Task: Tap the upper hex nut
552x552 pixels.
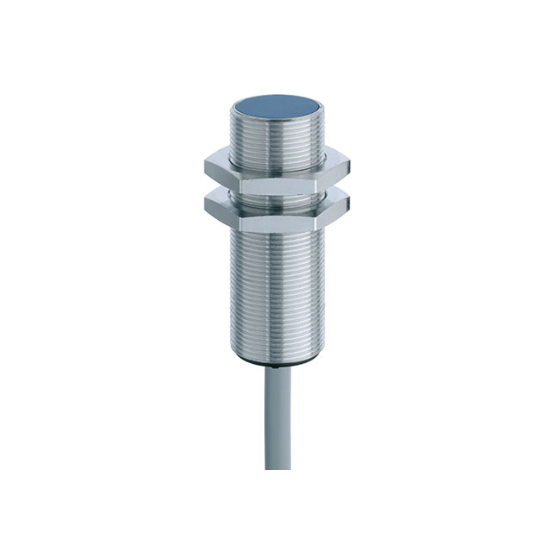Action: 276,176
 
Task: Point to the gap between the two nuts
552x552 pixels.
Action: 276,195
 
